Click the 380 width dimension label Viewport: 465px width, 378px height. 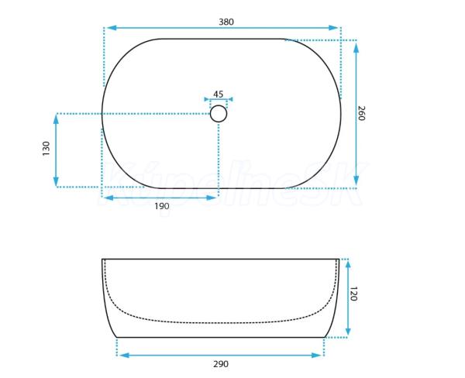coord(226,22)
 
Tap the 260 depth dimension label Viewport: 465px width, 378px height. coord(361,113)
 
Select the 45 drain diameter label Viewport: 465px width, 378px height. coord(219,94)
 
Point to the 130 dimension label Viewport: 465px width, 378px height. coord(46,149)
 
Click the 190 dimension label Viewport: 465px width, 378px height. coord(162,206)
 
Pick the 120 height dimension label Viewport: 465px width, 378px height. coord(353,294)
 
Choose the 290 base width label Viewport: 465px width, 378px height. coord(221,364)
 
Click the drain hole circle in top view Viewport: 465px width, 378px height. coord(219,114)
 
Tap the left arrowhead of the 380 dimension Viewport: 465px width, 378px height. coord(111,28)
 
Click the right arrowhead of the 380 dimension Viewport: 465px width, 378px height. coord(333,28)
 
